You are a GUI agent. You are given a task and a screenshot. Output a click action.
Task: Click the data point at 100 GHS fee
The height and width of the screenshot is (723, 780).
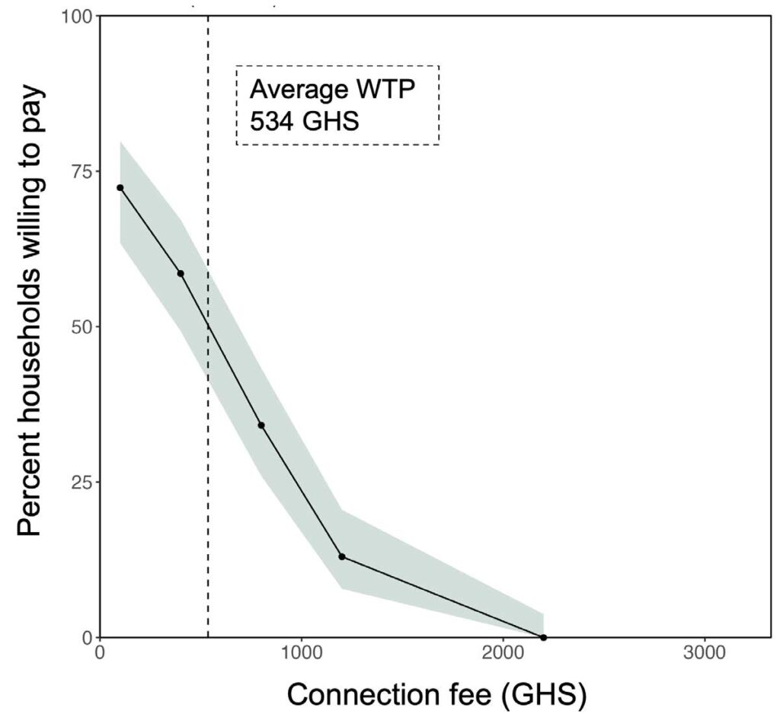(120, 188)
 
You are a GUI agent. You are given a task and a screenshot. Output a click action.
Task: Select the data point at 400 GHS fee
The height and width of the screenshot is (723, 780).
(181, 273)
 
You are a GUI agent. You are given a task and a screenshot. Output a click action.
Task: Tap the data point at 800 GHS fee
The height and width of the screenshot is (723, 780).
(261, 425)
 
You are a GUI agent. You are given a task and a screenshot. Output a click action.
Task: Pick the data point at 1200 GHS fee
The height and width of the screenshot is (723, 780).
(342, 557)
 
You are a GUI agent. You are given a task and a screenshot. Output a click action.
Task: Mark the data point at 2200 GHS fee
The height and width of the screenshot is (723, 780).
(543, 637)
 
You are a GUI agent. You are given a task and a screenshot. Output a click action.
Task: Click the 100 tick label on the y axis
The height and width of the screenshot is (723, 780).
(77, 16)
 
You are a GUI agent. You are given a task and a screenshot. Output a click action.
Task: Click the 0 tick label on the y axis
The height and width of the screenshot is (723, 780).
(86, 637)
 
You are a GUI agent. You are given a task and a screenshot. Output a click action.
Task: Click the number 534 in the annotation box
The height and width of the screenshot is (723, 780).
(274, 120)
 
